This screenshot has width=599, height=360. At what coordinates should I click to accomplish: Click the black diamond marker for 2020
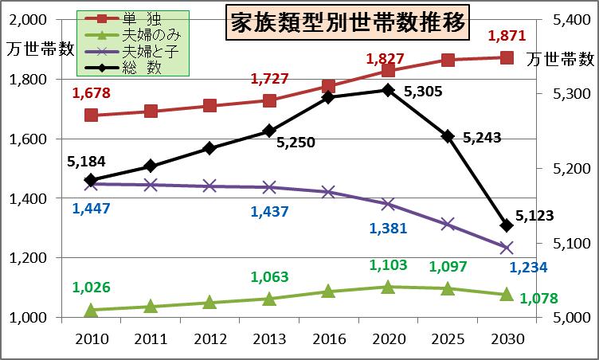click(x=388, y=90)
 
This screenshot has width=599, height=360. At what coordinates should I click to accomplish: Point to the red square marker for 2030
click(x=507, y=57)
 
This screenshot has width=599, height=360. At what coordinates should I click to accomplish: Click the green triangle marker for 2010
click(x=91, y=310)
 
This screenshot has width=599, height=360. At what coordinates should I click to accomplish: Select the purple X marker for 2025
click(x=448, y=225)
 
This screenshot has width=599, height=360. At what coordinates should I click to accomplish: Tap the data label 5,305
click(x=424, y=92)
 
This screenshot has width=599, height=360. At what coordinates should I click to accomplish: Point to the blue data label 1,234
click(x=527, y=268)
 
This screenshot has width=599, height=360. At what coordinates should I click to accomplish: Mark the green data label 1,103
click(x=388, y=266)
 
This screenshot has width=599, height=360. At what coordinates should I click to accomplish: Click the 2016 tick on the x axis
click(x=328, y=338)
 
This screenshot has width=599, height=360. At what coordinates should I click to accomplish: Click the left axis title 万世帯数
click(x=37, y=48)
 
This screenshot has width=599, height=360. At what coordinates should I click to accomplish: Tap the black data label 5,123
click(x=534, y=215)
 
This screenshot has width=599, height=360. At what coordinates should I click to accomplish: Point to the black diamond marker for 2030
click(x=507, y=225)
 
